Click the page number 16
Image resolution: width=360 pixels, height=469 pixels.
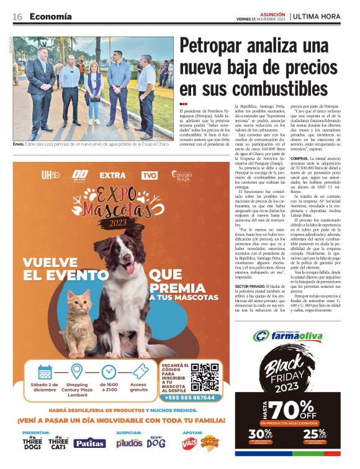click(x=17, y=16)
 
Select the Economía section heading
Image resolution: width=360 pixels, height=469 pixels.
click(x=51, y=16)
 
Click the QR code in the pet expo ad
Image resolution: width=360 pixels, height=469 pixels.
click(x=204, y=377)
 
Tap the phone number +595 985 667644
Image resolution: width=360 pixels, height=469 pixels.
click(x=189, y=398)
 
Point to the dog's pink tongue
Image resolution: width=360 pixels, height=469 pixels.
click(x=129, y=267)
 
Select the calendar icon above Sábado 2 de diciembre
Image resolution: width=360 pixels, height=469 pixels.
click(x=45, y=372)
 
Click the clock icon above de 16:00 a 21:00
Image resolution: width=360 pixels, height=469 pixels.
click(x=109, y=372)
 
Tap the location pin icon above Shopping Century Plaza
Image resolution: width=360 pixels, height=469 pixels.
click(x=76, y=371)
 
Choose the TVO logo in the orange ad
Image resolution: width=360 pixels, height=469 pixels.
click(x=150, y=176)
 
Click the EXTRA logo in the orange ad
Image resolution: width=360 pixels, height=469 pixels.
click(x=112, y=176)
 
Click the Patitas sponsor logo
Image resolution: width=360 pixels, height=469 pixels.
click(x=89, y=443)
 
